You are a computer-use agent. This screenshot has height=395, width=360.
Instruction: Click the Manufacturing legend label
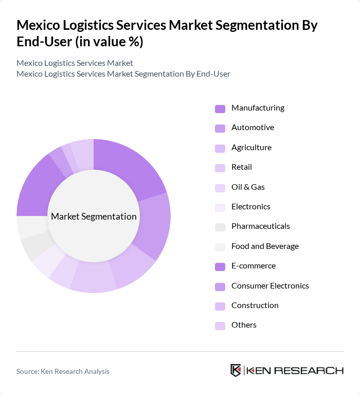click(x=258, y=108)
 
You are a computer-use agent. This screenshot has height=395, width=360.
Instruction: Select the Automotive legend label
click(x=253, y=128)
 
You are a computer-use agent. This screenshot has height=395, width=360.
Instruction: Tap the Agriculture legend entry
click(x=251, y=148)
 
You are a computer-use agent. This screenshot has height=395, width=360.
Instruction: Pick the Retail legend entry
click(x=241, y=167)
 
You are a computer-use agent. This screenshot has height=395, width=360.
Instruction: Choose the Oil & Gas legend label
click(x=248, y=187)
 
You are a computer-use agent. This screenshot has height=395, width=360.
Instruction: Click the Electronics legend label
click(x=250, y=207)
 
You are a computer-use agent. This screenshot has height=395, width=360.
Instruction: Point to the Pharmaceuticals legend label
click(x=260, y=226)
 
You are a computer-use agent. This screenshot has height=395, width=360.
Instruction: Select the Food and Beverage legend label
click(x=265, y=246)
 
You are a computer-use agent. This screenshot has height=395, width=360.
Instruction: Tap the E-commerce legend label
click(x=253, y=266)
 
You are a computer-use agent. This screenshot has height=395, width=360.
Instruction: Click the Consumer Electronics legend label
click(x=270, y=286)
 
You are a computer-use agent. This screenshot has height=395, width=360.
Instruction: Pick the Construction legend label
click(x=255, y=306)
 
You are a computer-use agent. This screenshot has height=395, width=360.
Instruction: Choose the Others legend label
click(x=244, y=325)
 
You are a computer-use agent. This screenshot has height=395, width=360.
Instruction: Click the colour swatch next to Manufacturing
click(x=220, y=109)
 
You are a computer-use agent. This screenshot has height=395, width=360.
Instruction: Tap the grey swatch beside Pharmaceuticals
click(x=220, y=227)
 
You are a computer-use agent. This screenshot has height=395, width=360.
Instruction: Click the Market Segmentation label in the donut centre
click(x=94, y=217)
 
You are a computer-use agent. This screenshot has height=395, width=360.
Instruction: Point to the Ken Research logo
click(x=286, y=371)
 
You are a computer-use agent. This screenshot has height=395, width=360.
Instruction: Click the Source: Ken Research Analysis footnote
click(x=63, y=371)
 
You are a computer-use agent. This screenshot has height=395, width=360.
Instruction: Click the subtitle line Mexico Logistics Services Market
click(x=75, y=63)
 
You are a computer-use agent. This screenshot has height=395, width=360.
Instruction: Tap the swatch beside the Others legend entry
click(x=220, y=326)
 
